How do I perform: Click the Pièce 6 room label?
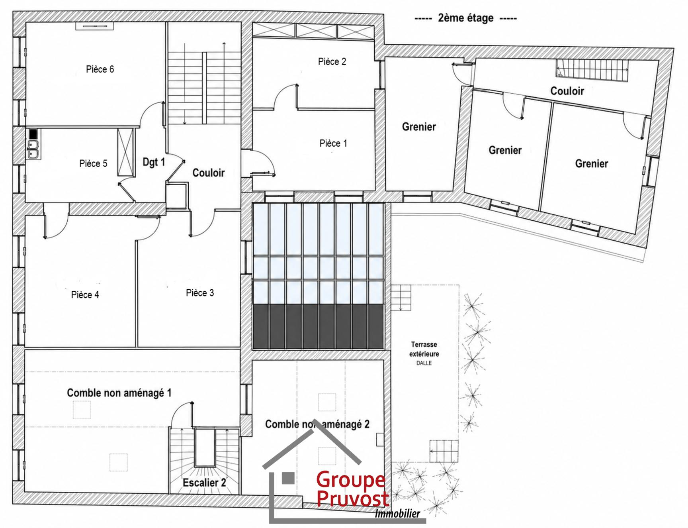pos(100,69)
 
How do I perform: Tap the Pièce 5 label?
pos(93,163)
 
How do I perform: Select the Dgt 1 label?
pos(154,162)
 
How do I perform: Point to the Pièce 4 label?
pos(85,294)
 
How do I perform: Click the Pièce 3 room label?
pos(200,293)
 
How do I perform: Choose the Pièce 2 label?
pos(332,61)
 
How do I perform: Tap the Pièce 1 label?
pos(333,143)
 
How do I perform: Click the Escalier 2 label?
pos(204,483)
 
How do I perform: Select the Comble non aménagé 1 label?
pos(119,393)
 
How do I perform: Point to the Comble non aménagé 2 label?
pos(317,424)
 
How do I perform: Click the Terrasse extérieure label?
pos(424,349)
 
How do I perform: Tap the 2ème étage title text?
pos(466,18)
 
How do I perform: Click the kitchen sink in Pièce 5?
pos(33,149)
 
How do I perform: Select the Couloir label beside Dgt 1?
pos(209,173)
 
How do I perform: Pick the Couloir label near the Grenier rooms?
pos(567,91)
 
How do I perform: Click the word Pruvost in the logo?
pos(352,498)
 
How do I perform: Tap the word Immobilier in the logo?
pos(397,514)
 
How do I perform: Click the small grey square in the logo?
pos(288,478)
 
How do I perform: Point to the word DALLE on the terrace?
pos(424,363)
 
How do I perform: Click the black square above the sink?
pos(33,133)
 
